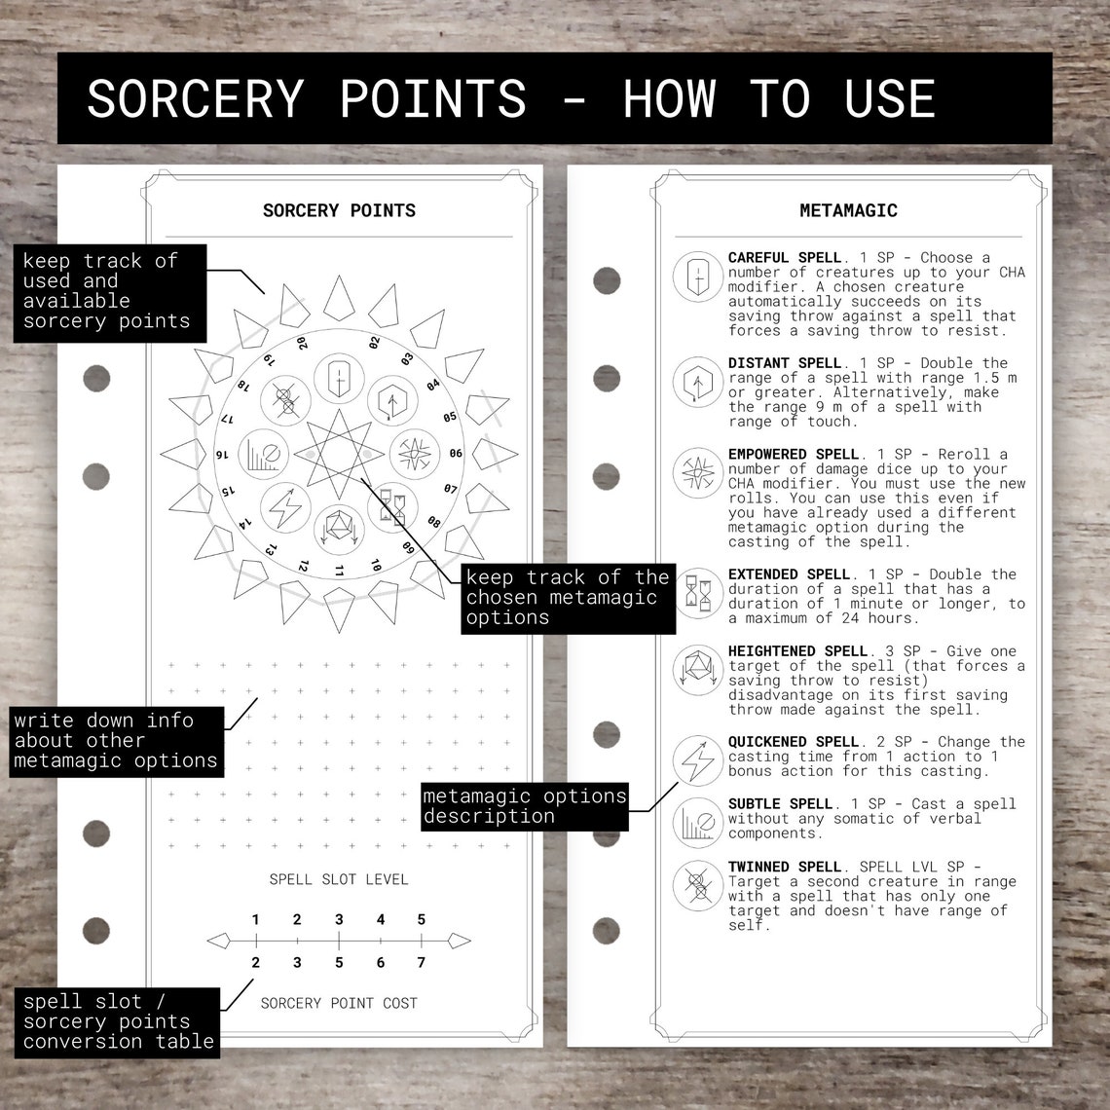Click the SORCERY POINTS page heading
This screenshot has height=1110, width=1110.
pos(339,210)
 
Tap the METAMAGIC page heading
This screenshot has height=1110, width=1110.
pos(848,210)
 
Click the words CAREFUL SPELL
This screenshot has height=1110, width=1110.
pos(784,258)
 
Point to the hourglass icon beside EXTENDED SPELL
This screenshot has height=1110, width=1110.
pos(697,594)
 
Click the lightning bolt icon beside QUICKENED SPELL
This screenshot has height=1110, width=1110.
pos(697,761)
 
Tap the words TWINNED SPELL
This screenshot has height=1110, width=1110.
pos(784,867)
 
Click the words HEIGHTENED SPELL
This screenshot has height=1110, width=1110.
pos(797,651)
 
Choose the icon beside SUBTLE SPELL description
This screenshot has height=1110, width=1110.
pos(697,823)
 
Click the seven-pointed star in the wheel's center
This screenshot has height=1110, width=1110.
pos(338,454)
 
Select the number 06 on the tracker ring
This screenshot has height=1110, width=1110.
pos(455,454)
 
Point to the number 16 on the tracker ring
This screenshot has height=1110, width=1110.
pos(222,454)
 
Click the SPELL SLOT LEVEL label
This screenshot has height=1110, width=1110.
pos(339,879)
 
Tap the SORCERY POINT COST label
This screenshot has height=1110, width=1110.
pos(339,1003)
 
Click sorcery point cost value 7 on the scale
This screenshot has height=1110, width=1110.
pos(421,963)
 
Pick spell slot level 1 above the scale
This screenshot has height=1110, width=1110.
pos(255,919)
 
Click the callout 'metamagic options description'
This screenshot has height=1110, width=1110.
pos(524,806)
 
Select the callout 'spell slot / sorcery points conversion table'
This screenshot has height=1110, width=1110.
pos(118,1021)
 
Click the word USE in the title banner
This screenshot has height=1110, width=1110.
pos(890,98)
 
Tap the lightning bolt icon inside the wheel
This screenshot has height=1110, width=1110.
pos(285,504)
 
